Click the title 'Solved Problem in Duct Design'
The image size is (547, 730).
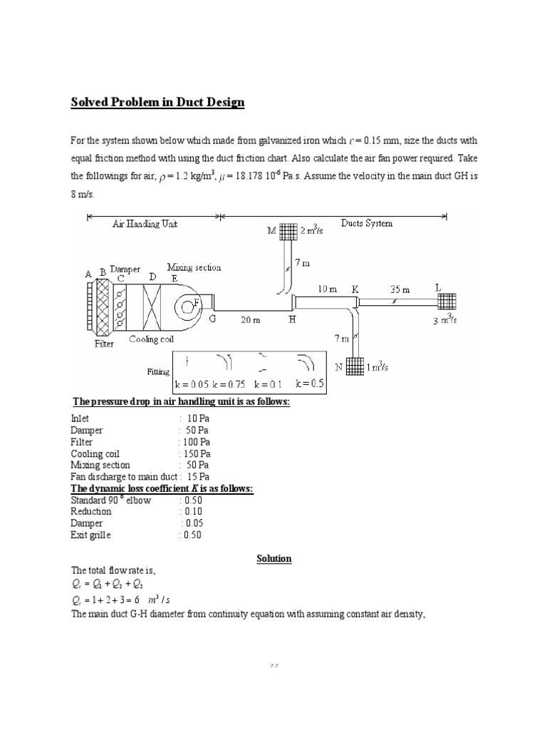coord(157,102)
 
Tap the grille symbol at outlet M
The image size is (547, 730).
coord(288,231)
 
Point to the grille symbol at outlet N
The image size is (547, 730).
coord(355,366)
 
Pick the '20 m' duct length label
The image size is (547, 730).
coord(250,320)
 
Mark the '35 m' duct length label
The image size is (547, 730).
coord(400,290)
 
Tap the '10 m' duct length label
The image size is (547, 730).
coord(327,289)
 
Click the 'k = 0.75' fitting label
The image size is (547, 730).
coord(231,384)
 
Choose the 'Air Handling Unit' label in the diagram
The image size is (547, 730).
coord(145,224)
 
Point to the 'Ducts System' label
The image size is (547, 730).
coord(366,223)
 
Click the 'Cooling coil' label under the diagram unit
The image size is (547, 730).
coord(151,339)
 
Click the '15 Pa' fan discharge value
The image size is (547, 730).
coord(198,476)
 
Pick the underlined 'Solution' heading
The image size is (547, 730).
coord(274,558)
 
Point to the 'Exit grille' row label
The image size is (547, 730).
coord(90,535)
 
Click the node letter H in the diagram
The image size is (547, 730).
coord(292,320)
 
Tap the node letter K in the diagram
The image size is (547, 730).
coord(355,289)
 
